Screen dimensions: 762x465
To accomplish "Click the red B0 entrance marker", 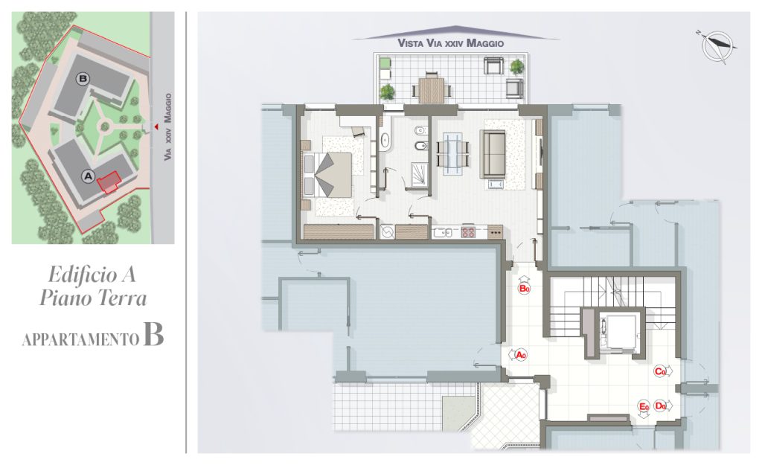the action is [525, 289].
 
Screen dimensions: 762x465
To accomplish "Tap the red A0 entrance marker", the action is [521, 355].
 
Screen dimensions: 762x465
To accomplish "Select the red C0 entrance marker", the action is [660, 372].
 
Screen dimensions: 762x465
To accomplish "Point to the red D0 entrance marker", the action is [660, 405].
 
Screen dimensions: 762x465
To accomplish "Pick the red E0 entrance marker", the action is [644, 406].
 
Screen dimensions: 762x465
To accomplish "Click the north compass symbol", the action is [717, 46].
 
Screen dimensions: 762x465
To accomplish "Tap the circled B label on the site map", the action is [83, 78].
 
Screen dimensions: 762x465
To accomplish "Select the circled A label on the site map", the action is [88, 176].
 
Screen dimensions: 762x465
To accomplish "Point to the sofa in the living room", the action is [493, 153].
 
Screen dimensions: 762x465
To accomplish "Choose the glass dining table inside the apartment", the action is [453, 153].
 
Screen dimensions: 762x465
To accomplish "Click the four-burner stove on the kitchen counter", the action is [468, 232].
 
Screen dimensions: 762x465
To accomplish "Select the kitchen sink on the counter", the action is [443, 232].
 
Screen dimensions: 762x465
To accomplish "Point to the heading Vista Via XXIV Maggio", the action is [450, 42].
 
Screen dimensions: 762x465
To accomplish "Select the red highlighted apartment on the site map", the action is [109, 182].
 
